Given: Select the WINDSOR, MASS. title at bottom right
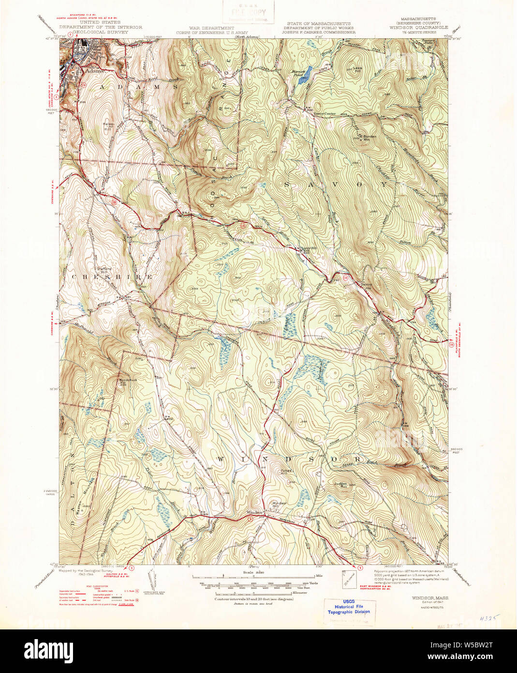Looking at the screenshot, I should click(x=430, y=598).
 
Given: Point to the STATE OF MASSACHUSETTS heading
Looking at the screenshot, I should click(x=318, y=23).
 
